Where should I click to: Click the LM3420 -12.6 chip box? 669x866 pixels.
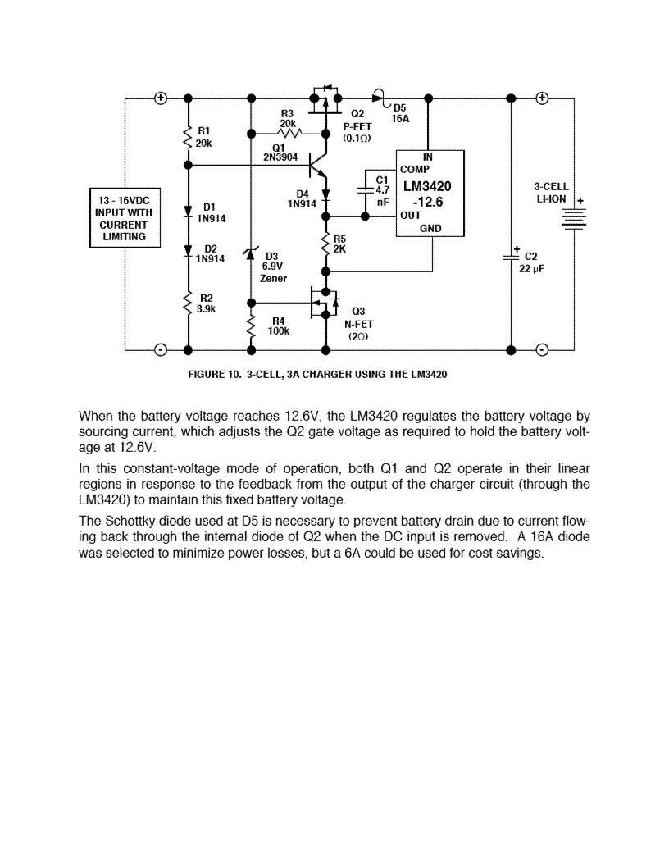(430, 194)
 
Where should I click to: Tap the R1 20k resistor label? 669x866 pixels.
(204, 136)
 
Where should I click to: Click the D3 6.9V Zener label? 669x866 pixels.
(274, 267)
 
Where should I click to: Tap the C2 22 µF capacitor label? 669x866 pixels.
(529, 262)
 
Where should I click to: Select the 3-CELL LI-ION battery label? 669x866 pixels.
(551, 194)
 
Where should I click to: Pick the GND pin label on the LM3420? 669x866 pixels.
(430, 228)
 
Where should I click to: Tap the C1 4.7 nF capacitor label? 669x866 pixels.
(381, 189)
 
